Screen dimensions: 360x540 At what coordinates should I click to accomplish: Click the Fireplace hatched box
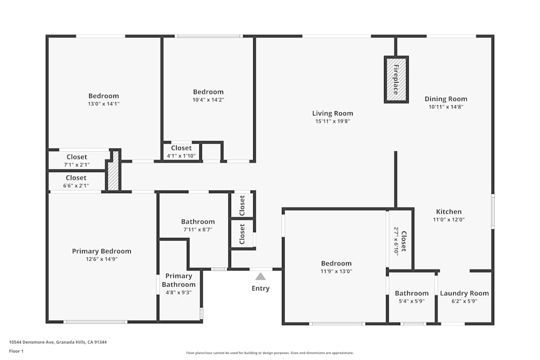(396, 79)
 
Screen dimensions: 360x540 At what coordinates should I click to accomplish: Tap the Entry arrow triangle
(260, 276)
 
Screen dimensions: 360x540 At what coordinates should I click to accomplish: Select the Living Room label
(333, 113)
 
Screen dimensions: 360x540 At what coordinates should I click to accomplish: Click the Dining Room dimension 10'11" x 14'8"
(446, 107)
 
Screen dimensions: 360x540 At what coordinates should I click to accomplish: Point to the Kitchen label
(449, 212)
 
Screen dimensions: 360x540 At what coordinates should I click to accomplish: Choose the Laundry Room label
(464, 293)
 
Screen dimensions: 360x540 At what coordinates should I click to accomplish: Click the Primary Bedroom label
(102, 251)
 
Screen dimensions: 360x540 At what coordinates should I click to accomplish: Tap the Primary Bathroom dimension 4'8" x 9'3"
(178, 292)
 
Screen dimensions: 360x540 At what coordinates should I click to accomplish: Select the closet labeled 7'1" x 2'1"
(76, 160)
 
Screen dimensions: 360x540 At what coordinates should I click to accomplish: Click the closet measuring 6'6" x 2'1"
(76, 181)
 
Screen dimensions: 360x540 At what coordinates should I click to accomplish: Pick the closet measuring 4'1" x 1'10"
(181, 152)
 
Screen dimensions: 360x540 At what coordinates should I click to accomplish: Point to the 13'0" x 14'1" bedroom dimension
(103, 104)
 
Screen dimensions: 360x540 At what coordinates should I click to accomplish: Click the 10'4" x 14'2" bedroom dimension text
(208, 99)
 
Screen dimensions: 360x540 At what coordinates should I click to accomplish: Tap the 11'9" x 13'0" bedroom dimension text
(336, 271)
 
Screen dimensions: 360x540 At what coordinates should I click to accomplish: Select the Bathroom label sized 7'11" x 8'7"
(198, 221)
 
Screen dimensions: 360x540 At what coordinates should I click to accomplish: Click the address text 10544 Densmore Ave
(58, 342)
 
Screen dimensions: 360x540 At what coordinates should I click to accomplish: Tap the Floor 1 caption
(16, 351)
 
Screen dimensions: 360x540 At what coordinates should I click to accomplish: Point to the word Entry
(260, 288)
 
